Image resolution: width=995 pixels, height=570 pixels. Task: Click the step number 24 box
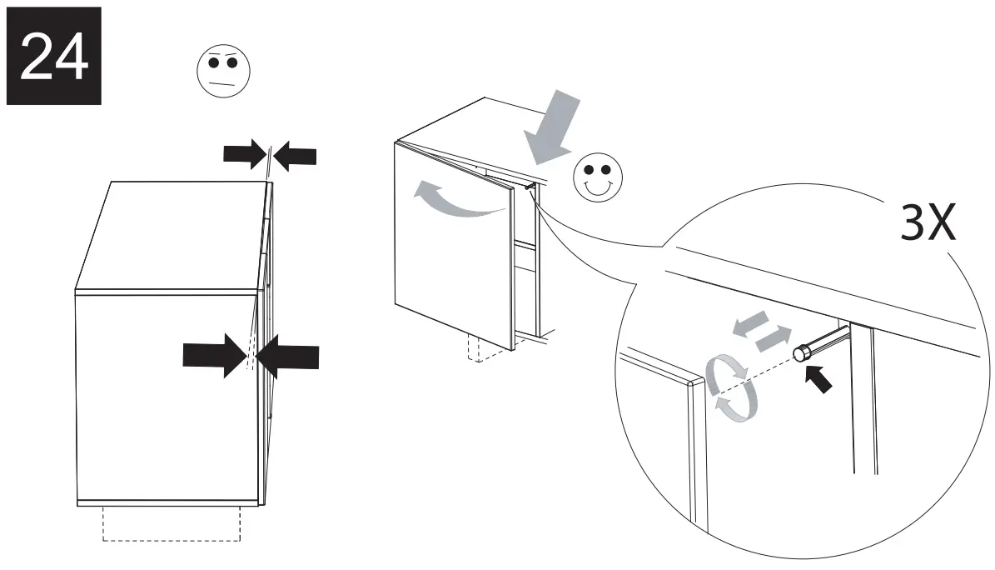tap(53, 55)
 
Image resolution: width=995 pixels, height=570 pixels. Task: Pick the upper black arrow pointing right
tap(244, 154)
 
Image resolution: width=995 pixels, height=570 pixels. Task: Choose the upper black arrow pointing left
tap(295, 155)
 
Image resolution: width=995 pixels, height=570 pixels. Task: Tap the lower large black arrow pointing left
tap(288, 357)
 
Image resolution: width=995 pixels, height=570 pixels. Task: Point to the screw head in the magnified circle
tap(801, 353)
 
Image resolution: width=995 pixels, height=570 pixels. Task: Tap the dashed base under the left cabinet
tap(172, 523)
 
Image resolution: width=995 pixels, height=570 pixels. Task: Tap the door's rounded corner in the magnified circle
tap(691, 385)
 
